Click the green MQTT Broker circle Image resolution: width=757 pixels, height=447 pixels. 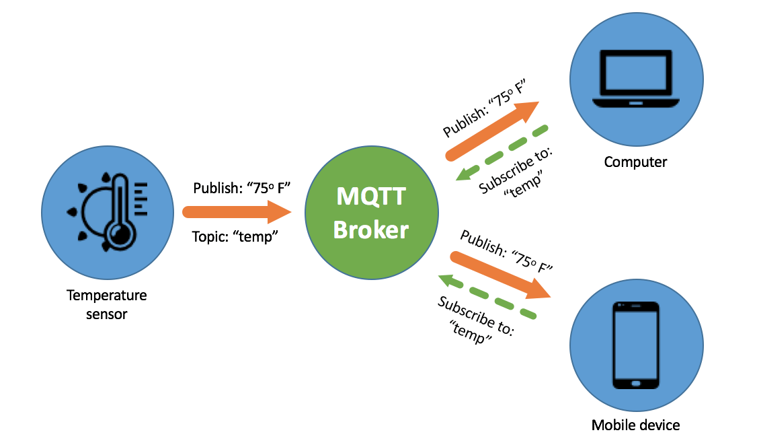371,213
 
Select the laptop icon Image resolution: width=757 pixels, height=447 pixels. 636,79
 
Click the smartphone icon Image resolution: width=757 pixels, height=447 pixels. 636,345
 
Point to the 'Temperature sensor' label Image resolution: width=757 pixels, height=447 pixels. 107,304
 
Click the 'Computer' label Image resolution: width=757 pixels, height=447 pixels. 635,162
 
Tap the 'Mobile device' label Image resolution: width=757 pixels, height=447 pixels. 635,425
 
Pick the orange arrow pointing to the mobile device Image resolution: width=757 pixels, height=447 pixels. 500,275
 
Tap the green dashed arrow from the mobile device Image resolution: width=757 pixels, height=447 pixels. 487,296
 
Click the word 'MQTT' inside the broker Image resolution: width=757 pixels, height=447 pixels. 371,197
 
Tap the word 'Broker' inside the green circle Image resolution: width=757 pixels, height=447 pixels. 371,230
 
